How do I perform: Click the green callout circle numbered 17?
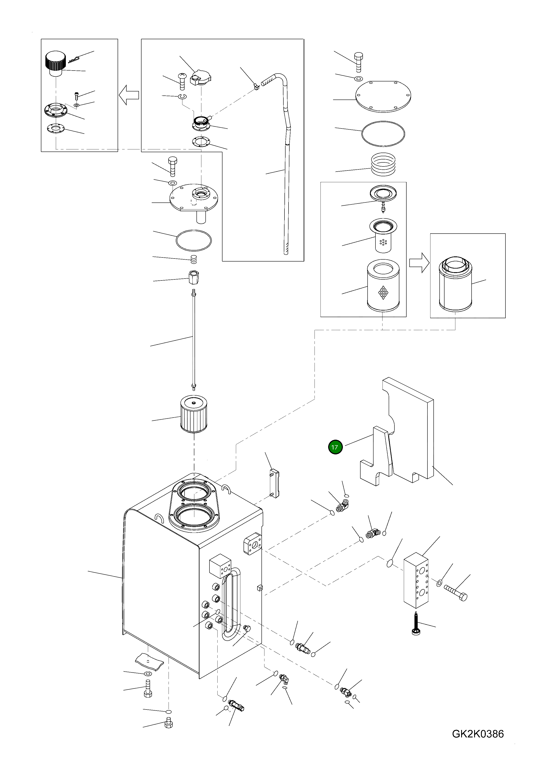click(335, 447)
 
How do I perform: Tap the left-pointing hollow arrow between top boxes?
click(129, 95)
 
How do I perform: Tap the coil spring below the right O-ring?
click(383, 164)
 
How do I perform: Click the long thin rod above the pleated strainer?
click(194, 338)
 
